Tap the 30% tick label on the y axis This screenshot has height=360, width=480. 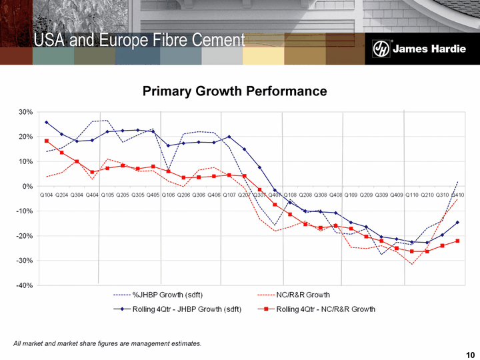pyautogui.click(x=25, y=112)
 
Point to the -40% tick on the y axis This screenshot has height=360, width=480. pyautogui.click(x=24, y=285)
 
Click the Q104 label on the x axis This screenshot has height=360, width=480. pyautogui.click(x=47, y=195)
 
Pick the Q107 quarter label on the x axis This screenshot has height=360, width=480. pyautogui.click(x=229, y=195)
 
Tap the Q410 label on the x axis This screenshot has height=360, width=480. pyautogui.click(x=457, y=195)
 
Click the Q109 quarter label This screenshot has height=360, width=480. pyautogui.click(x=351, y=195)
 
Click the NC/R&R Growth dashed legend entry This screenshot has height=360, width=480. pyautogui.click(x=303, y=295)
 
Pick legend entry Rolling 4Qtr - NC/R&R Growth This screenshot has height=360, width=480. pyautogui.click(x=325, y=309)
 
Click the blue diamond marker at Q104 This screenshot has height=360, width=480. pyautogui.click(x=47, y=123)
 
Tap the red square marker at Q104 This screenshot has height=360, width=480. pyautogui.click(x=47, y=141)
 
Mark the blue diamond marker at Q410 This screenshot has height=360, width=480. pyautogui.click(x=457, y=223)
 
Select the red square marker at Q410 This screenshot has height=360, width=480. pyautogui.click(x=457, y=241)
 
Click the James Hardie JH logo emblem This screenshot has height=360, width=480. pyautogui.click(x=380, y=49)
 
